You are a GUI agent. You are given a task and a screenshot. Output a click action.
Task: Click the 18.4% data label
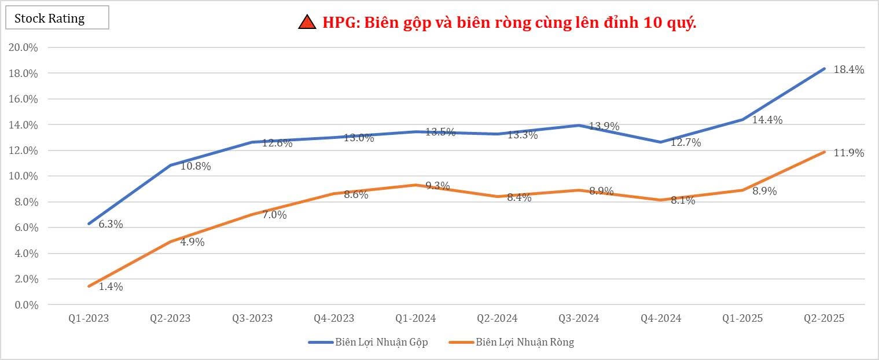coord(849,70)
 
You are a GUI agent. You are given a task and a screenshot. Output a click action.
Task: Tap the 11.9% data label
coord(849,153)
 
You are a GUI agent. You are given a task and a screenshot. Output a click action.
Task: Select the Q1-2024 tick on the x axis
coord(415,318)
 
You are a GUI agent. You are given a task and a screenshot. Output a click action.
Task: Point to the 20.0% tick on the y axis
coord(24,47)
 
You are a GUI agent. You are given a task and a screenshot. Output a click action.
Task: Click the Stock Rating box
coord(57,18)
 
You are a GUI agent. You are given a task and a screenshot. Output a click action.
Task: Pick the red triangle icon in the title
coord(307,23)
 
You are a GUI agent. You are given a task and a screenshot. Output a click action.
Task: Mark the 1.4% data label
coord(111,286)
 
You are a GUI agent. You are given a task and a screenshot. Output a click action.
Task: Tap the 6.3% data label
coord(111,225)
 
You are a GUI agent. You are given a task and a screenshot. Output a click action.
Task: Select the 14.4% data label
coord(768,120)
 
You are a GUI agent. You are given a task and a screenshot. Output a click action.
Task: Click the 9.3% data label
coord(437,186)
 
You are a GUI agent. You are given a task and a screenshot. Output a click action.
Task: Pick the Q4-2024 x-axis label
coord(661,318)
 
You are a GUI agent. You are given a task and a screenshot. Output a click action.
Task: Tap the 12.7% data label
coord(686,142)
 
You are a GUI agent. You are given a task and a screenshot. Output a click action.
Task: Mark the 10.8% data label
coord(196,167)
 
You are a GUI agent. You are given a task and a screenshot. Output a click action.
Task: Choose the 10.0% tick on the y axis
coord(24,176)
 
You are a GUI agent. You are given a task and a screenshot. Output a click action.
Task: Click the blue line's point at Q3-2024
coord(579,125)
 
